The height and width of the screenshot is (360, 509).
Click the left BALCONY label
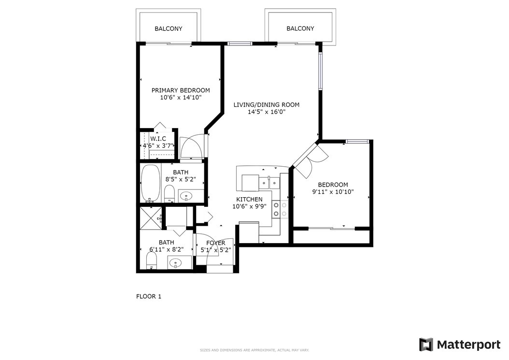click(168, 29)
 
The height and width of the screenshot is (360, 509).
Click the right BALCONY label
click(300, 29)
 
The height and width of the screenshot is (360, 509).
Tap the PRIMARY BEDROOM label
click(181, 90)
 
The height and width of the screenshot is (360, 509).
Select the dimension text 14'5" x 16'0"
click(267, 112)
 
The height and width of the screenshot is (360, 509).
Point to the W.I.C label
click(158, 139)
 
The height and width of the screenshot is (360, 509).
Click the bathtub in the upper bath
click(150, 184)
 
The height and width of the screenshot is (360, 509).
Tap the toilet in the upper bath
click(169, 193)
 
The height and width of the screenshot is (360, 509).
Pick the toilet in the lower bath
click(151, 261)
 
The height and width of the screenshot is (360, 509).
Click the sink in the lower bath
click(176, 262)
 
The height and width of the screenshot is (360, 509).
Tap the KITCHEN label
click(249, 200)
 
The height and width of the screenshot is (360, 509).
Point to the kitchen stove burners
click(280, 209)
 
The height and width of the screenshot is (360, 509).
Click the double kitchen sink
click(269, 183)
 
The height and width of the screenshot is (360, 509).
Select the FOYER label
click(215, 243)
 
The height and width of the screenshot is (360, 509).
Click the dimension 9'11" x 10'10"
click(333, 192)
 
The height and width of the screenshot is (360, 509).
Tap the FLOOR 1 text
click(149, 296)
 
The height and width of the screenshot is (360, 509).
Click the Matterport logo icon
click(426, 345)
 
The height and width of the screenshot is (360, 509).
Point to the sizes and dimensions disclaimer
click(254, 350)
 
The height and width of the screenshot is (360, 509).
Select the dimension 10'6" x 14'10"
click(181, 98)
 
